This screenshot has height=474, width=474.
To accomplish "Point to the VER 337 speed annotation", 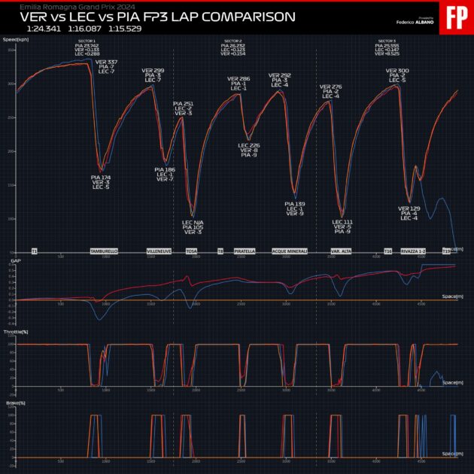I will pos(107,62).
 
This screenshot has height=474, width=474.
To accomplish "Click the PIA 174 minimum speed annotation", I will pos(101,177).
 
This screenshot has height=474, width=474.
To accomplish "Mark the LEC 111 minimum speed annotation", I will pos(342,222).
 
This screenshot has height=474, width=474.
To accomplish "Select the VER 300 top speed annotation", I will pos(398,71).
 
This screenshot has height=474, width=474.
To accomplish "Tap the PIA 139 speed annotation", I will pos(295,204).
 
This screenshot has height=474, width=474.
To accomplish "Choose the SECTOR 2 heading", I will pos(234,41).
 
